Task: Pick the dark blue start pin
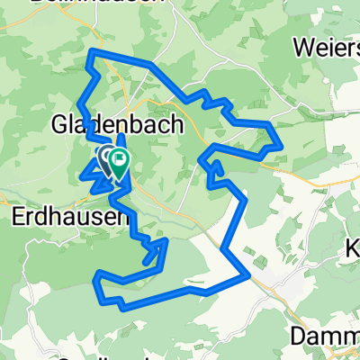[x=104, y=160]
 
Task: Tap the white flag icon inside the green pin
[x=118, y=159]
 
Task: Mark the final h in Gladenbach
[x=176, y=124]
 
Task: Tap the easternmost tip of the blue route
[x=280, y=142]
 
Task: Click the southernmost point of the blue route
[x=124, y=307]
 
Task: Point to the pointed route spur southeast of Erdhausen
[x=166, y=240]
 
